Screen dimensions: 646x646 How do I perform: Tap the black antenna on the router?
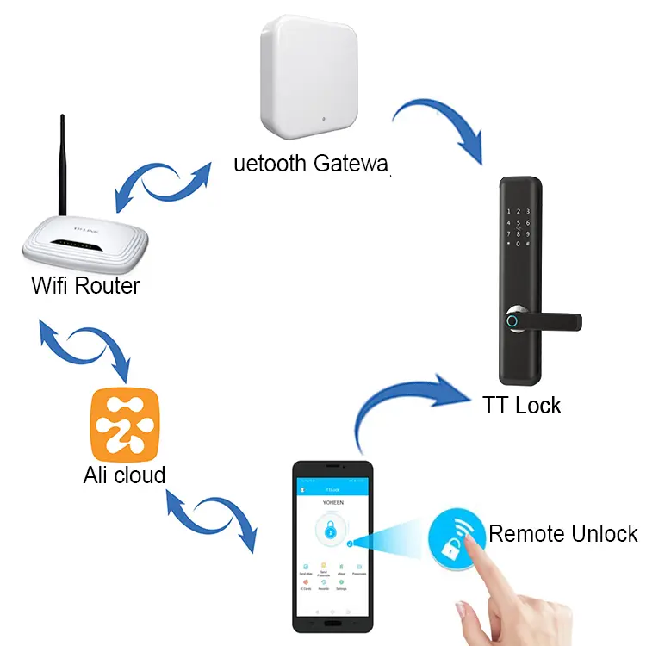click(63, 164)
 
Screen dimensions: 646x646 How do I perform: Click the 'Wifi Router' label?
click(85, 286)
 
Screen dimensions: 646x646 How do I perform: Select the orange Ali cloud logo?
click(125, 425)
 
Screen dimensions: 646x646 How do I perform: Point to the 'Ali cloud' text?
click(124, 475)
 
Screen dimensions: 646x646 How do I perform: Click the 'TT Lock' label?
click(522, 404)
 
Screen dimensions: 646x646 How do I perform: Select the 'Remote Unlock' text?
click(563, 533)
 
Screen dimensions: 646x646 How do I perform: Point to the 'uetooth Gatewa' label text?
click(312, 163)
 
